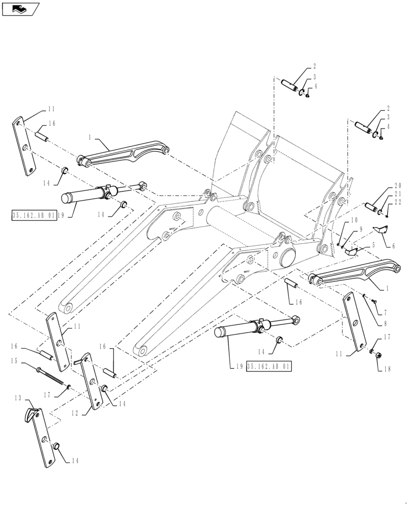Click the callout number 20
pyautogui.click(x=397, y=186)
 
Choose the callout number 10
pyautogui.click(x=353, y=221)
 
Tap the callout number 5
pyautogui.click(x=373, y=245)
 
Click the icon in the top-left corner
pyautogui.click(x=20, y=8)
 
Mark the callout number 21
pyautogui.click(x=397, y=194)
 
